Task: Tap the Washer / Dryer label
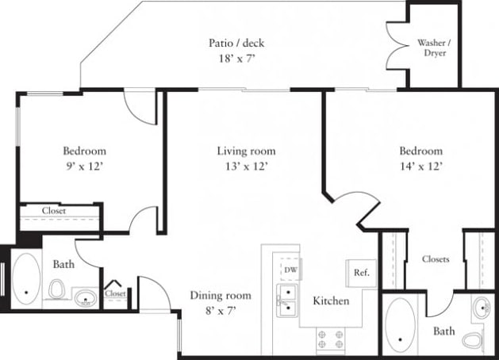432,48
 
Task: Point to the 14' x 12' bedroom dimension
420,167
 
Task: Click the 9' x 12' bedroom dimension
85,167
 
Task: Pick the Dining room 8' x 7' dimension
221,311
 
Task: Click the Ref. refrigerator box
361,273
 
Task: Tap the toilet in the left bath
56,293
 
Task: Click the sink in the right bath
480,307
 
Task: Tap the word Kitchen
331,301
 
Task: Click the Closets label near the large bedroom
435,259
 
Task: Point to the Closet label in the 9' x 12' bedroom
54,211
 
